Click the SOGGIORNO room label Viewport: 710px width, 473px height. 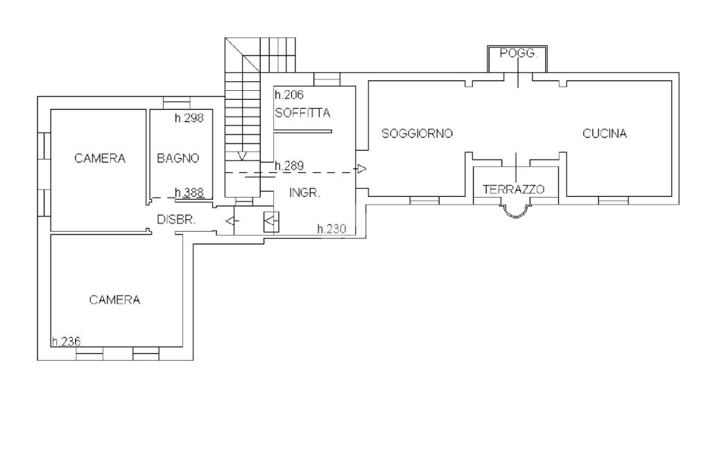coord(417,133)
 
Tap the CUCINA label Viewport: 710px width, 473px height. coord(605,134)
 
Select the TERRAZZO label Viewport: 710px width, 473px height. coord(514,189)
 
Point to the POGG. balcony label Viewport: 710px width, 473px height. coord(518,53)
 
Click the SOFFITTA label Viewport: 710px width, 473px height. coord(302,113)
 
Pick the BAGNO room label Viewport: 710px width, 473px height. coord(178,158)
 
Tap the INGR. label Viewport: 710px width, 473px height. coord(304,193)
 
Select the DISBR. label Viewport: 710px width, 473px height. coord(176,219)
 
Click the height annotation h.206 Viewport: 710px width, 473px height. coord(289,96)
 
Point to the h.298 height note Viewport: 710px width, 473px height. coord(189,118)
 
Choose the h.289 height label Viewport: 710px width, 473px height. coord(289,166)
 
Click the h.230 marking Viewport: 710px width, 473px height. coord(331,228)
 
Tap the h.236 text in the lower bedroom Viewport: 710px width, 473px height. coord(66,341)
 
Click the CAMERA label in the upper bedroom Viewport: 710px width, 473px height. coord(100,158)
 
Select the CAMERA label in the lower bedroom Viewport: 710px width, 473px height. coord(114,300)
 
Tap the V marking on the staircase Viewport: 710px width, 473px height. coord(242,155)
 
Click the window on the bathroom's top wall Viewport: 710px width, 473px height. coord(176,103)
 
